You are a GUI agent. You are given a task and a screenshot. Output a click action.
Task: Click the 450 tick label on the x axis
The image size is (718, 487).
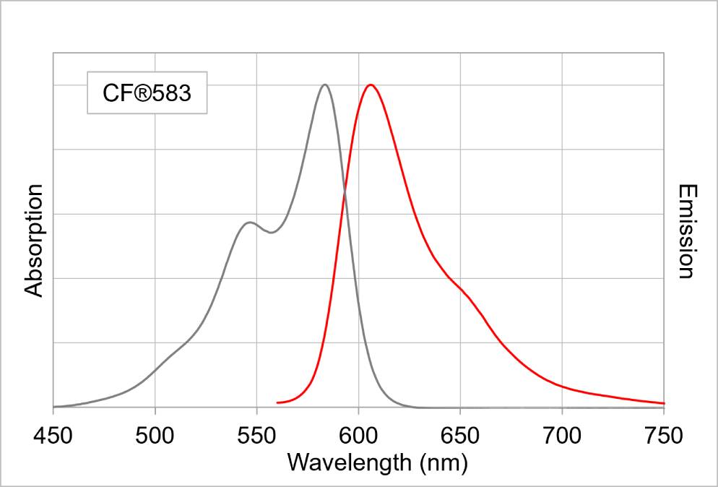[x=53, y=436]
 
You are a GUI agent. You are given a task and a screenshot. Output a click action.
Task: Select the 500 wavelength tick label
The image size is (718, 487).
[x=155, y=436]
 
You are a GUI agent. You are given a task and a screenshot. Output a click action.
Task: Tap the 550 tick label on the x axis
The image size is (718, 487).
[x=257, y=436]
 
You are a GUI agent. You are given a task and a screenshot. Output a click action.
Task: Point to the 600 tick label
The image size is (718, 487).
[x=359, y=436]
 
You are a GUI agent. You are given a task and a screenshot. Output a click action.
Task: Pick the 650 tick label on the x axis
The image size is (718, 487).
[x=460, y=436]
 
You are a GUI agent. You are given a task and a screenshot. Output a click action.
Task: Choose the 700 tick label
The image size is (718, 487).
[x=562, y=436]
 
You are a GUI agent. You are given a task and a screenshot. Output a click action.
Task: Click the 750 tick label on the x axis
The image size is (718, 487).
[x=664, y=436]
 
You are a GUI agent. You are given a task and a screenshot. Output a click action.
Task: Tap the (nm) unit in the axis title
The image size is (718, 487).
[x=441, y=462]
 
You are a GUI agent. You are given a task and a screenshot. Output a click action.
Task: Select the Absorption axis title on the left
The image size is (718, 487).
[x=35, y=241]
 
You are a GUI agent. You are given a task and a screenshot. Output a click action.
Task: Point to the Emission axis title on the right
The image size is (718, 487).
[x=686, y=231]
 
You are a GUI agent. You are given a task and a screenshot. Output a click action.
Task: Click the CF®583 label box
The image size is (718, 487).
[x=147, y=92]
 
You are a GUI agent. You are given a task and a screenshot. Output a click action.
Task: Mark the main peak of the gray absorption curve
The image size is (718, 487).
[x=325, y=85]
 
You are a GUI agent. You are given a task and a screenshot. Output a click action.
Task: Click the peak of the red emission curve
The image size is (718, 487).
[x=371, y=85]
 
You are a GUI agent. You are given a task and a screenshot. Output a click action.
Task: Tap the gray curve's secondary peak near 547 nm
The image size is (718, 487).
[x=250, y=223]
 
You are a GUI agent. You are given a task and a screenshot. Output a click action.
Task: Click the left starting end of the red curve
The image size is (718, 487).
[x=278, y=402]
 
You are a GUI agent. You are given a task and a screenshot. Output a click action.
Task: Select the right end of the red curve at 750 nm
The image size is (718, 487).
[x=663, y=403]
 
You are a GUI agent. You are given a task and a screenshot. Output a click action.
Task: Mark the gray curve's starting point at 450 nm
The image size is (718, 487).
[x=54, y=407]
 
